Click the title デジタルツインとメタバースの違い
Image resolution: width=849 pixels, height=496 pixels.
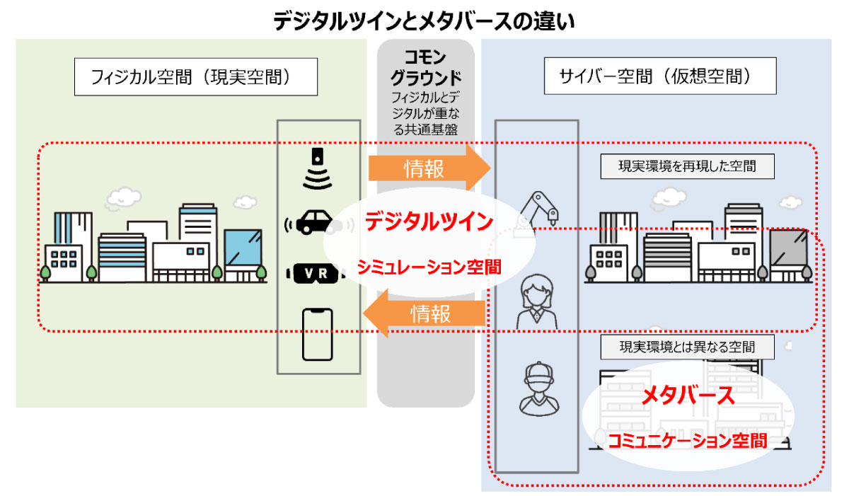coord(424,21)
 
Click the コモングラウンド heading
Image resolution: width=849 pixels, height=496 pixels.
coord(426,67)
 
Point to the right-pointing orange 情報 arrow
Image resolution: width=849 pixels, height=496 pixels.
coord(429,168)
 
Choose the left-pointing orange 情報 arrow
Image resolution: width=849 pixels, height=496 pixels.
coord(429,313)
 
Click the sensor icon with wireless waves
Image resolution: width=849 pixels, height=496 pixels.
coord(317,170)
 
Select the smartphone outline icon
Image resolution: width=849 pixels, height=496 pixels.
coord(317,333)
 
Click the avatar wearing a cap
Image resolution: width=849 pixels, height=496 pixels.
coord(536,388)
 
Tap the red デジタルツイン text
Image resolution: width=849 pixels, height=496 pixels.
coord(429,222)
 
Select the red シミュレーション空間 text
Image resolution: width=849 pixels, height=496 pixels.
coord(429,267)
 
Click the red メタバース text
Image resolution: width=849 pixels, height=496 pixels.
coord(688,397)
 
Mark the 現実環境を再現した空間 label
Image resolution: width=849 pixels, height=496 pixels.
coord(687,167)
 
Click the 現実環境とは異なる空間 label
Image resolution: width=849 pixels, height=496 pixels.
coord(687,347)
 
